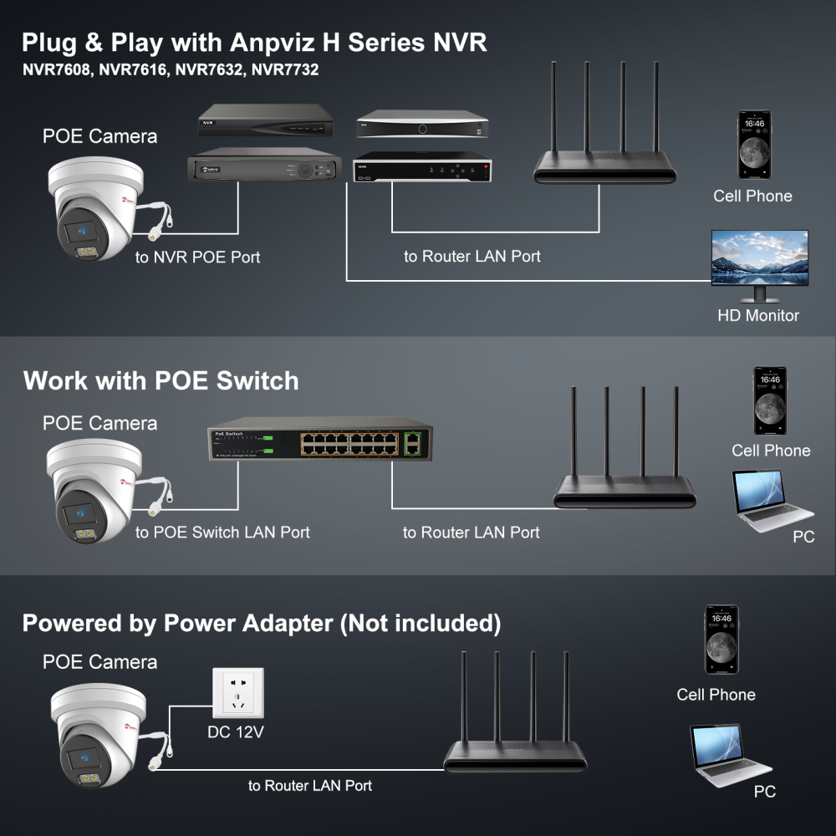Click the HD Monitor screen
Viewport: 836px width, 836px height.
(759, 258)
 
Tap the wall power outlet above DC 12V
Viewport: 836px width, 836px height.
(237, 692)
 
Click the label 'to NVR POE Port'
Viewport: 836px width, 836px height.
(197, 257)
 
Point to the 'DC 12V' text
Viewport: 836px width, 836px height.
(236, 733)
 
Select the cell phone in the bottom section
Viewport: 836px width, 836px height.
(721, 640)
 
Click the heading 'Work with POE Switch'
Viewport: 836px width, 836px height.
(161, 381)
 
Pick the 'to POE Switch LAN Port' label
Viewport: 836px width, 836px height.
(222, 533)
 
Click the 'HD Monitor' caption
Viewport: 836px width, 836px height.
(757, 315)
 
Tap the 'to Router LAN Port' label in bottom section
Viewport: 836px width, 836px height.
(309, 786)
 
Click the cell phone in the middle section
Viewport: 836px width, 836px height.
(770, 400)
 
